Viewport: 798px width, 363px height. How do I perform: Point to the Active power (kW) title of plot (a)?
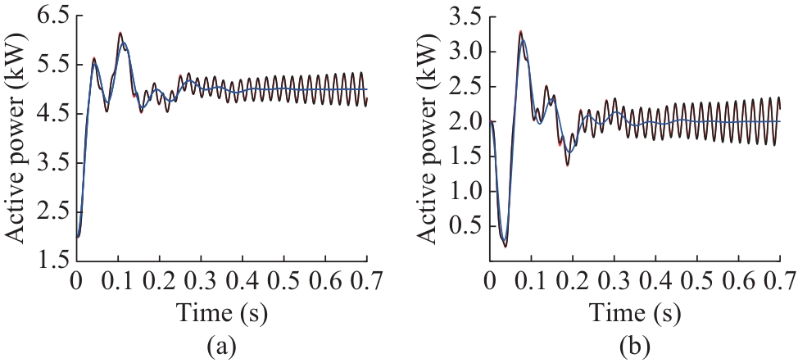[17, 138]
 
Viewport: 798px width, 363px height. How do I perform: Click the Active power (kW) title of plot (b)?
[430, 138]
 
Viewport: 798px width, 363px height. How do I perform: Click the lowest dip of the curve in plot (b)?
[506, 246]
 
